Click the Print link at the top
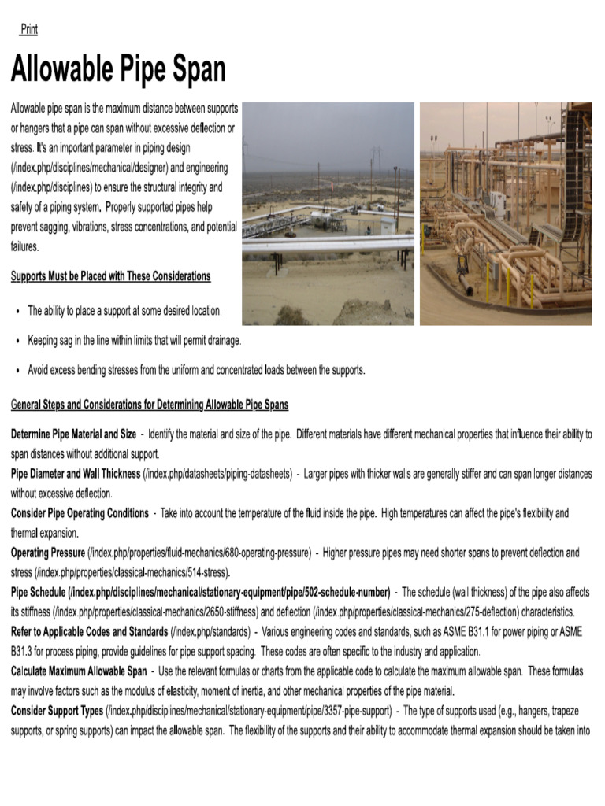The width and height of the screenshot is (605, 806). [28, 30]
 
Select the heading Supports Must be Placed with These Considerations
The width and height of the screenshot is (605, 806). [110, 276]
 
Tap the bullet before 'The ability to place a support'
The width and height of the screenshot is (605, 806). [17, 312]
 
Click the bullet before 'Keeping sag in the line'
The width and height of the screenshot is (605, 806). [17, 341]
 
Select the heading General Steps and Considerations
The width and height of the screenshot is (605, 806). [149, 405]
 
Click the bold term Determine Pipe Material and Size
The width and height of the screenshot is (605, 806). [73, 434]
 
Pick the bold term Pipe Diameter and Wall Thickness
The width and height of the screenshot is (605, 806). [76, 474]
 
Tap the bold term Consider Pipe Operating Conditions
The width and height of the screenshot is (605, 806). [79, 513]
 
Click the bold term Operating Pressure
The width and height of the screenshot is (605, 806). [48, 553]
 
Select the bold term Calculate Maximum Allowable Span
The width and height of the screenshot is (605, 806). [78, 671]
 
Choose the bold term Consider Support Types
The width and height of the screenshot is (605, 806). [57, 711]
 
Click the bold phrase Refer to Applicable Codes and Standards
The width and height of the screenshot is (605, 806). [89, 632]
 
